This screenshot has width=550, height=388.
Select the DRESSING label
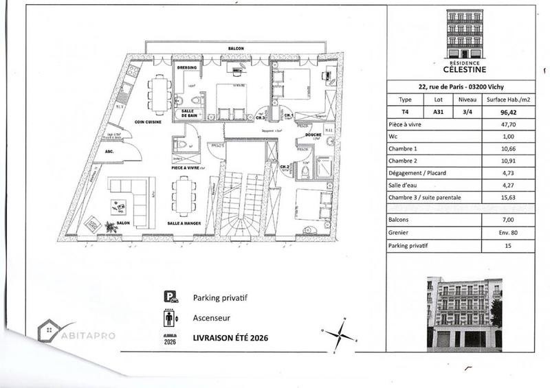(188, 68)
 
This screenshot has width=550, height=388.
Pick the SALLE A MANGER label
(184, 225)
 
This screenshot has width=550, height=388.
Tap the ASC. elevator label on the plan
(109, 151)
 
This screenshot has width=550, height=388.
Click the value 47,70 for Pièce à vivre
(509, 126)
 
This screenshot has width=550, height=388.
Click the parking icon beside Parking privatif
(170, 297)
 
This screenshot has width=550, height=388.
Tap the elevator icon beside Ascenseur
(170, 318)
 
